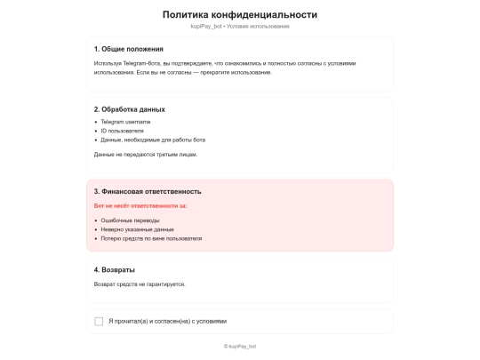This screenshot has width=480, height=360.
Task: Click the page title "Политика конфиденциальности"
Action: (240, 14)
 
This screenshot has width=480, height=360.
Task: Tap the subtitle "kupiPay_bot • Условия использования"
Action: (240, 27)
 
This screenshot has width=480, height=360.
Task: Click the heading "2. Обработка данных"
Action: (129, 109)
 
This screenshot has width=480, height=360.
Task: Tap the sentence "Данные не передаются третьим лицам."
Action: (145, 155)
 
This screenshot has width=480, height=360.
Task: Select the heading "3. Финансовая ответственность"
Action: (148, 191)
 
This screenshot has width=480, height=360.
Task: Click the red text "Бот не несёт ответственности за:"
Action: (140, 205)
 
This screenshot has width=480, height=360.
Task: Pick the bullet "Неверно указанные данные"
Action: (137, 229)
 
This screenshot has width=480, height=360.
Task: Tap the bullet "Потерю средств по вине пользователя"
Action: (151, 238)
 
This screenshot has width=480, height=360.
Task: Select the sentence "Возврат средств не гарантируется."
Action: (140, 284)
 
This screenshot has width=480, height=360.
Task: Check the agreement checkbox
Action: (99, 321)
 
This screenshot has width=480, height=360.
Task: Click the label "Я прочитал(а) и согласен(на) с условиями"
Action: (168, 321)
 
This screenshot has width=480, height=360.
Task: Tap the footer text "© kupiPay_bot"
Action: (240, 346)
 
